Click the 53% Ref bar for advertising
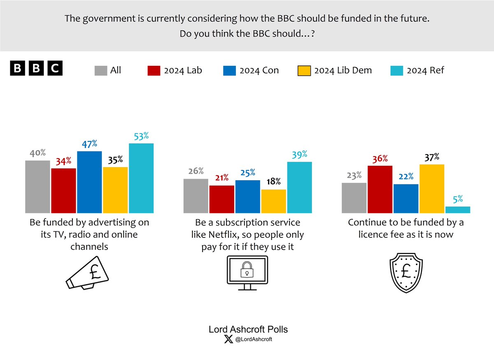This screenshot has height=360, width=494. (x=141, y=178)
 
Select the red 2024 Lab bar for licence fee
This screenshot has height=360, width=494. (x=380, y=189)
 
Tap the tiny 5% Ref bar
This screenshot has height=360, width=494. (x=458, y=210)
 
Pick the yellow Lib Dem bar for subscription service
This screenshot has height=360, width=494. (x=273, y=201)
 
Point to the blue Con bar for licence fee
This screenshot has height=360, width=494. (x=405, y=198)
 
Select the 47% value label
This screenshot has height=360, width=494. (x=89, y=144)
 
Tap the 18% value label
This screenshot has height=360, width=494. (x=273, y=181)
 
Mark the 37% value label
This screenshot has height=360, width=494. (x=431, y=157)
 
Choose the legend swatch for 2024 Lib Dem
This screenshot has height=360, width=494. (x=303, y=70)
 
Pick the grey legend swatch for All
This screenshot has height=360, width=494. (x=100, y=70)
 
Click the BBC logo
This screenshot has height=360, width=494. (x=36, y=69)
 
